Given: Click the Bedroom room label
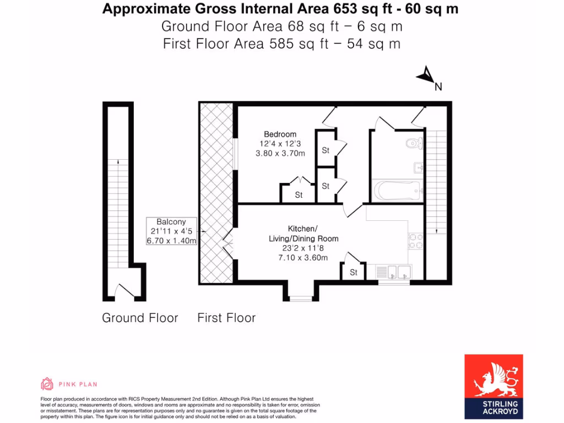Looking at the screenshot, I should pos(280,134).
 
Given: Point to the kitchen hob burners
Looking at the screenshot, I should pos(415,241).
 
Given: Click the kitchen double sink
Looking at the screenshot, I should pos(393,271).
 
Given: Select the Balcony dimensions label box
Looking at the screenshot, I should pos(171,231).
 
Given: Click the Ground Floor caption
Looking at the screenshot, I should pos(140,318).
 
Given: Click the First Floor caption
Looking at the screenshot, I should pos(226,318).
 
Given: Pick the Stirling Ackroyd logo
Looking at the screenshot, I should pos(493,386).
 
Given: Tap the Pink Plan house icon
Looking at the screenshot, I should pos(47,384).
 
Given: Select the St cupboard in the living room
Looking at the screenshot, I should pos(353,272).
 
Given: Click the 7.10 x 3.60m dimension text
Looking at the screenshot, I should pos(303,258).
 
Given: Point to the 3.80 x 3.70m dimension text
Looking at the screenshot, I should pos(280,154).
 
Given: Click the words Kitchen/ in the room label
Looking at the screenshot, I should pos(303,229).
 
